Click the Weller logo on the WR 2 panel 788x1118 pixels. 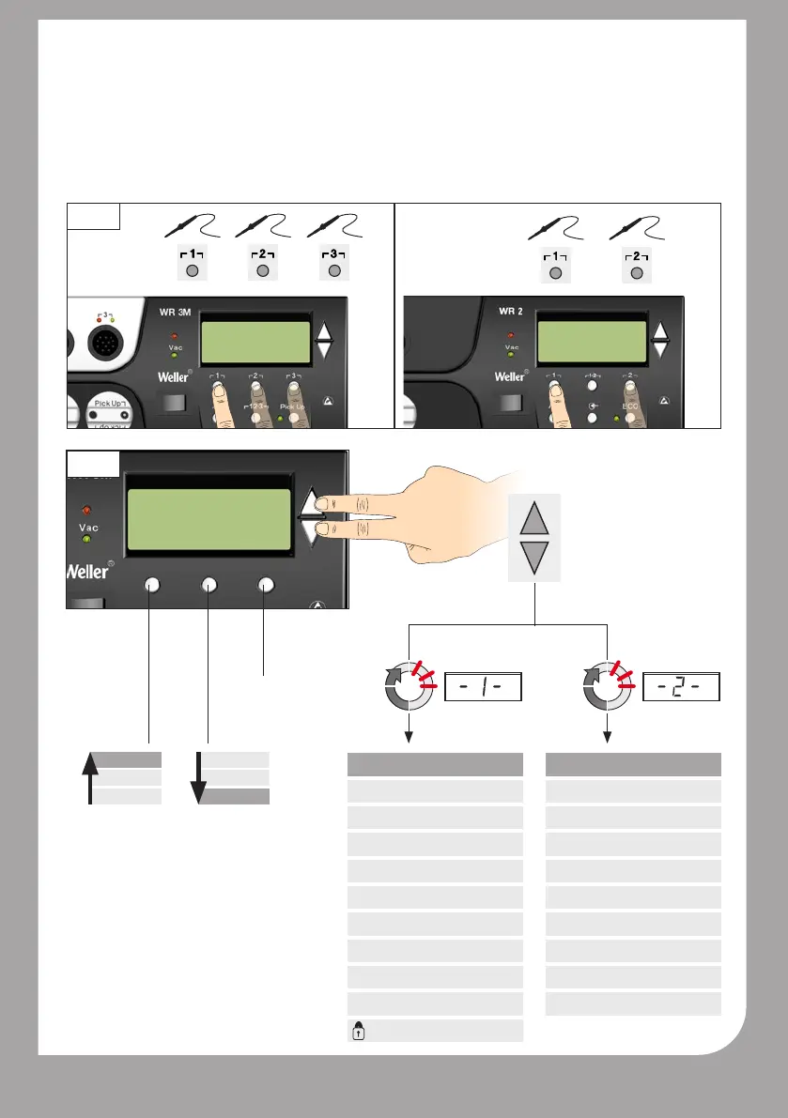tap(511, 376)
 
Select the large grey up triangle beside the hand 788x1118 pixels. tap(533, 519)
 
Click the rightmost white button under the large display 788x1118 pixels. tap(266, 585)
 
